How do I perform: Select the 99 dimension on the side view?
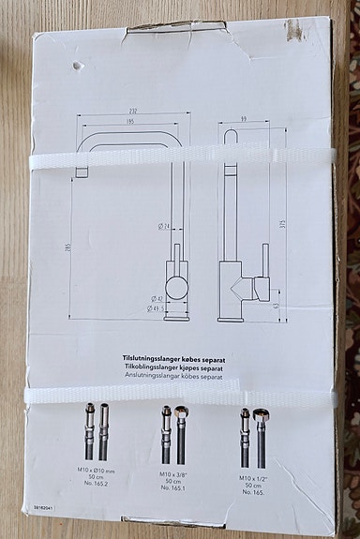[x=242, y=119]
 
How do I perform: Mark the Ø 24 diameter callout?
[x=163, y=226]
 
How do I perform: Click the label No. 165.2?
[x=96, y=484]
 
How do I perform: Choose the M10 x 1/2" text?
[x=252, y=478]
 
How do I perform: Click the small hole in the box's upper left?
[x=74, y=67]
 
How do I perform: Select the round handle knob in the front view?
[x=175, y=284]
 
